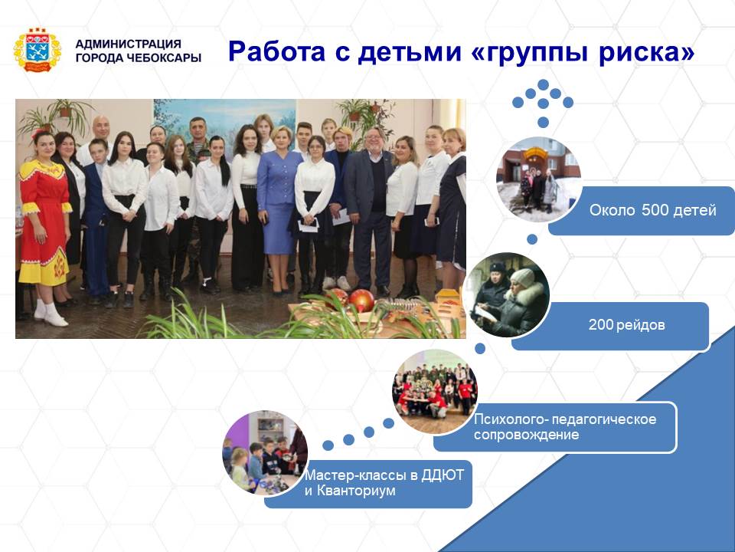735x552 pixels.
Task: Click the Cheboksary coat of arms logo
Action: (x=37, y=50)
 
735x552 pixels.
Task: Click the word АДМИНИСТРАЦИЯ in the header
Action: (x=128, y=44)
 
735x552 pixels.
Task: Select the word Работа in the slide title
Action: (x=276, y=51)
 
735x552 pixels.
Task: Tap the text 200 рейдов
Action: (x=627, y=324)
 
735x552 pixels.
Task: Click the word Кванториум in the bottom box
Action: (x=356, y=491)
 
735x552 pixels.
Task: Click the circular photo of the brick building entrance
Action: (x=538, y=180)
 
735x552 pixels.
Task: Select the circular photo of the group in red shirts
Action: (x=435, y=392)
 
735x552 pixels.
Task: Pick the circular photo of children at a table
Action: (x=265, y=453)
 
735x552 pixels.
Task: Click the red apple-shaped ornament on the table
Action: (x=361, y=301)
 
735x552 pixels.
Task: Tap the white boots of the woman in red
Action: (x=50, y=314)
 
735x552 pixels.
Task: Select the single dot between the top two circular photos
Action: (x=532, y=239)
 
